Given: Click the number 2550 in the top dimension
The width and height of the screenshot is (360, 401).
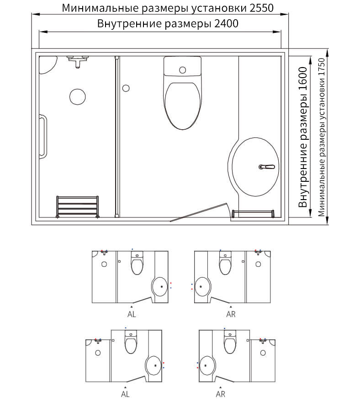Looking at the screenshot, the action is (x=261, y=8).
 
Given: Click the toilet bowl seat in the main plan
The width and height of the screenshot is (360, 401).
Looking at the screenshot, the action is (x=182, y=106).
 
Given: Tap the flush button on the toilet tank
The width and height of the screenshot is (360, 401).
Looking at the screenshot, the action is (x=182, y=70).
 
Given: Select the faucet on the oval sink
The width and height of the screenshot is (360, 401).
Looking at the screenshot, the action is (x=267, y=167).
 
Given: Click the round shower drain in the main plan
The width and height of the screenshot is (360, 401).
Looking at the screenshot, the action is (x=78, y=97).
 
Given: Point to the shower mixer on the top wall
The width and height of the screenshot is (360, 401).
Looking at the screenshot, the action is (x=78, y=61).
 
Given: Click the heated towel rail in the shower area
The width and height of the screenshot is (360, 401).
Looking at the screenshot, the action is (x=78, y=206).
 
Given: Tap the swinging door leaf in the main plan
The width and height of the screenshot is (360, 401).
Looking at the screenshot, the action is (x=199, y=212).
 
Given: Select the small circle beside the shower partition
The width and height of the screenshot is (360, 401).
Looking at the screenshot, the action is (x=126, y=88).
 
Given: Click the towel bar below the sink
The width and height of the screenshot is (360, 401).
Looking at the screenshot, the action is (x=253, y=214).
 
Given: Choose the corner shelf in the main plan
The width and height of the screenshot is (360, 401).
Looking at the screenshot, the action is (x=48, y=65).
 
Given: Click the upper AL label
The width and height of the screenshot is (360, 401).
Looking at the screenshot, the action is (x=132, y=314).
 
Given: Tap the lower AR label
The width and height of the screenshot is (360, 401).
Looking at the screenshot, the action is (x=221, y=394).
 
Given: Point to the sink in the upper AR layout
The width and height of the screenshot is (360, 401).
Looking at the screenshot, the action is (x=203, y=286).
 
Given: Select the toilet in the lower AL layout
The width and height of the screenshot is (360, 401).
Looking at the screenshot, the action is (x=131, y=342).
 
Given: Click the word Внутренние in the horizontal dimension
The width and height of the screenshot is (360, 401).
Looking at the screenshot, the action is (x=129, y=24).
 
